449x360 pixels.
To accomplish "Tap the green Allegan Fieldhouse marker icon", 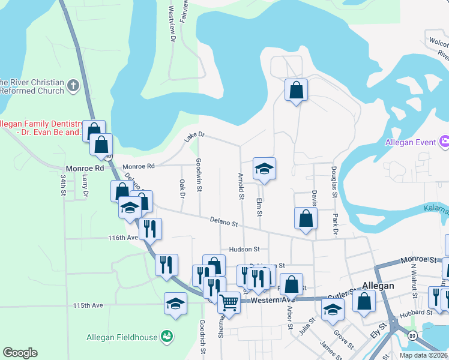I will coord(167,337).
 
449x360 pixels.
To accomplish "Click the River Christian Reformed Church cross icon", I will coord(73,85).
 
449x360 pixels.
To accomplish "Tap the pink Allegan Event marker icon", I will coord(445,142).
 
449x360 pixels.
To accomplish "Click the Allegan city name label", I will coord(378,286).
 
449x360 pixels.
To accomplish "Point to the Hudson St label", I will coord(244,249).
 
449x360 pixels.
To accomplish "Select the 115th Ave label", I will coord(88,305).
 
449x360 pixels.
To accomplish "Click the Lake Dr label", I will coord(194,138).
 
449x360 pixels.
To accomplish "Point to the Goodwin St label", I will coord(199,175).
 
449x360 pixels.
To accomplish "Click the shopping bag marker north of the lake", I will coord(296,90).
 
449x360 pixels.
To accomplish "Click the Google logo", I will coord(20,353).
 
